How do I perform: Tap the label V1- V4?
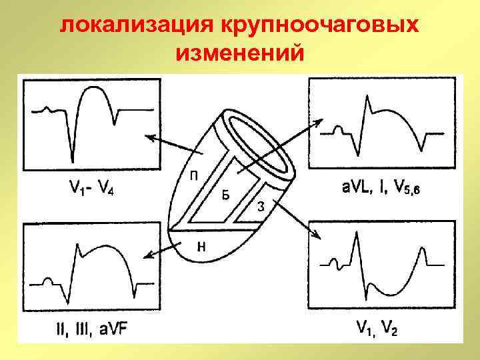click(x=91, y=189)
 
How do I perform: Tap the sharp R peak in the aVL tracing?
click(x=366, y=97)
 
